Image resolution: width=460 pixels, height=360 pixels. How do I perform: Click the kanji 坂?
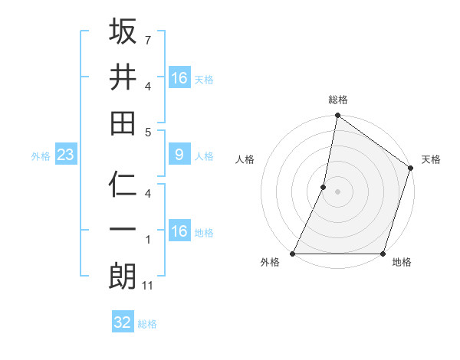pyautogui.click(x=123, y=31)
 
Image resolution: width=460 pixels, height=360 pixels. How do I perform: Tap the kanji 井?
pyautogui.click(x=123, y=77)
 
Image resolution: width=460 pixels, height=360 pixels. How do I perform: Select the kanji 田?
pyautogui.click(x=123, y=123)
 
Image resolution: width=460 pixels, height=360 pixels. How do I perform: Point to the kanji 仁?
pyautogui.click(x=123, y=185)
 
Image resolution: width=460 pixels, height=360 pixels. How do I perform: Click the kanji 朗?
pyautogui.click(x=123, y=277)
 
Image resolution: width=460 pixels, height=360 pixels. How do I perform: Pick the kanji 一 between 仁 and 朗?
pyautogui.click(x=123, y=231)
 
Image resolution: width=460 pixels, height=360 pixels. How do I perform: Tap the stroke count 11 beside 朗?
pyautogui.click(x=149, y=286)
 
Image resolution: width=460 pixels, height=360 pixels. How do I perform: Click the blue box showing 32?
pyautogui.click(x=123, y=322)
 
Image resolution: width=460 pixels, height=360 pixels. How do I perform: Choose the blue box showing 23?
pyautogui.click(x=66, y=155)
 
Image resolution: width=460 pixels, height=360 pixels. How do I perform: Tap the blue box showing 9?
pyautogui.click(x=179, y=155)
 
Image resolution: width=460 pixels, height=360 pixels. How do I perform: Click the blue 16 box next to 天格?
pyautogui.click(x=179, y=78)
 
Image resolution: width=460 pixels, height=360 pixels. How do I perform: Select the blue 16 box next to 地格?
pyautogui.click(x=179, y=231)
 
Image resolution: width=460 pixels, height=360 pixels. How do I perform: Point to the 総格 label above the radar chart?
pyautogui.click(x=338, y=100)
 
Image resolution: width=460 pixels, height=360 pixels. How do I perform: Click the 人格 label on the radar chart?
pyautogui.click(x=245, y=159)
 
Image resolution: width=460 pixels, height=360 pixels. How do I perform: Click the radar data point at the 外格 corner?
pyautogui.click(x=293, y=254)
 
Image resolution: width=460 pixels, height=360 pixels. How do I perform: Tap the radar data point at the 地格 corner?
pyautogui.click(x=383, y=254)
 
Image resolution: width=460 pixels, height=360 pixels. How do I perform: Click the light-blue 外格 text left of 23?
pyautogui.click(x=41, y=156)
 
